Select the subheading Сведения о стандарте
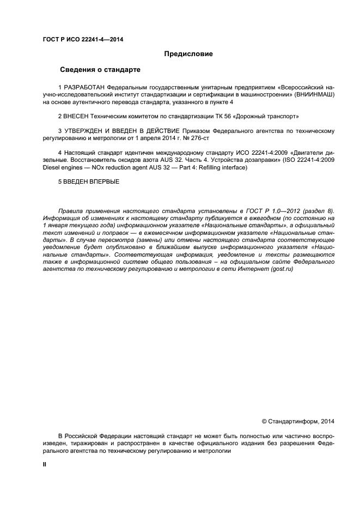pyautogui.click(x=100, y=70)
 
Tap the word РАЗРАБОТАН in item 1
pyautogui.click(x=84, y=88)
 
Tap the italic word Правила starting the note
pyautogui.click(x=71, y=211)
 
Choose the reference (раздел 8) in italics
pyautogui.click(x=315, y=211)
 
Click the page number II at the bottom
pyautogui.click(x=45, y=464)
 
